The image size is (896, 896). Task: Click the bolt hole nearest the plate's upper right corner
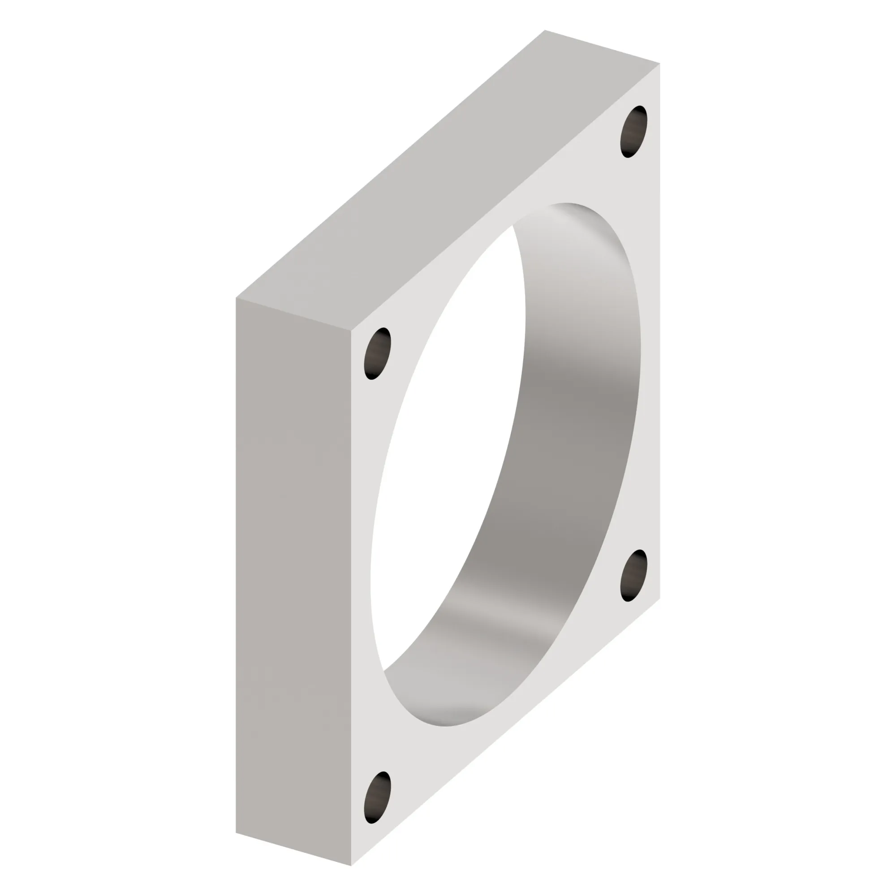click(633, 132)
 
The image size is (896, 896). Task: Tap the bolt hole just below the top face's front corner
click(378, 354)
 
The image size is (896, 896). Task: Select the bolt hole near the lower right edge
click(633, 576)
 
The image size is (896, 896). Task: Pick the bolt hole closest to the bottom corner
click(378, 797)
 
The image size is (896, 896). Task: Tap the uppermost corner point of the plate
click(545, 30)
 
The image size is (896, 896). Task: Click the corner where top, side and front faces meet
click(351, 331)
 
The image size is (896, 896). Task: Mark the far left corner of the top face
click(236, 298)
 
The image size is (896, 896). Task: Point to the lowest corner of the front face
click(351, 866)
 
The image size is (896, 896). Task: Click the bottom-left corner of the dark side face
click(236, 832)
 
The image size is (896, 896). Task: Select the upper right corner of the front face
click(659, 64)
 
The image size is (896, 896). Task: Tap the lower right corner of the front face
click(659, 598)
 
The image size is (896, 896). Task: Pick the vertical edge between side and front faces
click(351, 598)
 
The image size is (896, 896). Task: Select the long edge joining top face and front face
click(505, 197)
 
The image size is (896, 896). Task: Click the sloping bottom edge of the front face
click(505, 732)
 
